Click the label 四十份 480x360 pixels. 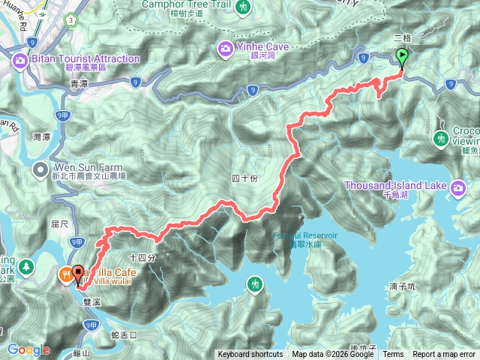coord(244,178)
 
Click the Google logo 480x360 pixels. coord(29,349)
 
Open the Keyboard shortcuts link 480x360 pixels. coord(250,355)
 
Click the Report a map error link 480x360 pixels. coord(445,355)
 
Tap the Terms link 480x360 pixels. coord(393,355)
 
